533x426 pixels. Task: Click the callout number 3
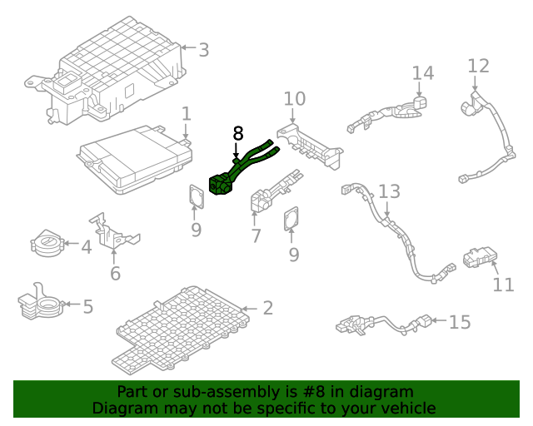coord(203,50)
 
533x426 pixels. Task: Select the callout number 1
coord(187,113)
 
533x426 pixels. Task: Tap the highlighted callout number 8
coord(238,133)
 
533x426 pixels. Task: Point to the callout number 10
coord(294,99)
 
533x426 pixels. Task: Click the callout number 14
coord(423,73)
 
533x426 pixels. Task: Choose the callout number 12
coord(479,65)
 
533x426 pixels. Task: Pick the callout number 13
coord(389,192)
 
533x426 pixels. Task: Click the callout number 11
coord(503,285)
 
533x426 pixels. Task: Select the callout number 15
coord(460,322)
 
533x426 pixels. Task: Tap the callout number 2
coord(267,309)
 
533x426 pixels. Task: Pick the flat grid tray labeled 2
coord(179,329)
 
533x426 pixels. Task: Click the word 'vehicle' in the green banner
coord(406,408)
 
